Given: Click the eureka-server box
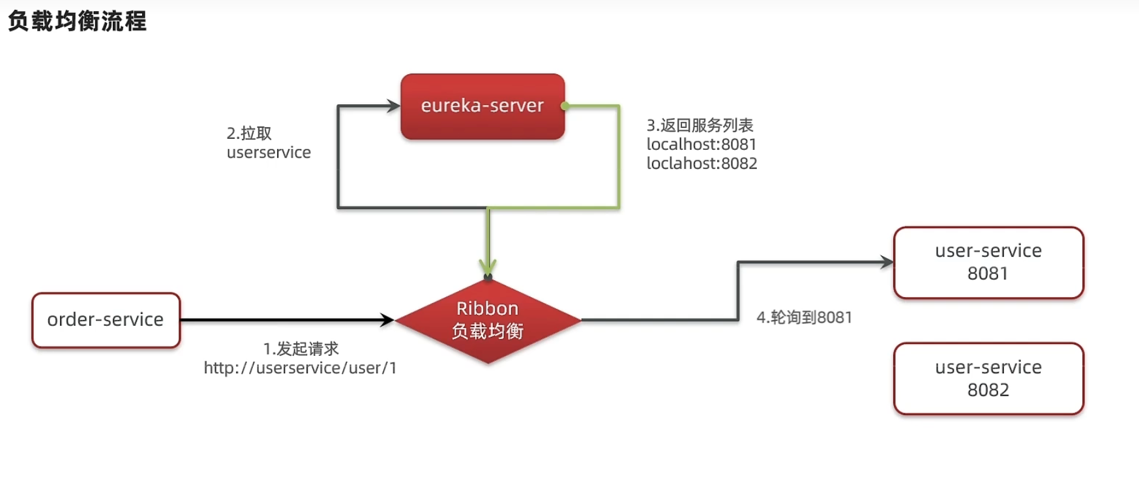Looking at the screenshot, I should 482,106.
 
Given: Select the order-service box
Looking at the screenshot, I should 106,320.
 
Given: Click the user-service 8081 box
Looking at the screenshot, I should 988,263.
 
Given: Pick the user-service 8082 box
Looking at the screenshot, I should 988,379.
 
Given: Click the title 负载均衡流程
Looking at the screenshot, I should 77,21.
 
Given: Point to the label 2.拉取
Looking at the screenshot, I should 249,134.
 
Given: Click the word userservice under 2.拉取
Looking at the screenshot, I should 269,152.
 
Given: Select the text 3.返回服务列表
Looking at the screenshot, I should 700,125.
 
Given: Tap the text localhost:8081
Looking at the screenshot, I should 701,144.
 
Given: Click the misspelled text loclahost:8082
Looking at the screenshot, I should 702,164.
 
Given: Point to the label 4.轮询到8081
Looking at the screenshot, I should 804,317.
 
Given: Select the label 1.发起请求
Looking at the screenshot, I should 301,349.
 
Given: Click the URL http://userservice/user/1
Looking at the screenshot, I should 300,368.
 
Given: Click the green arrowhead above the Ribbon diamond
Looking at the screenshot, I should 488,268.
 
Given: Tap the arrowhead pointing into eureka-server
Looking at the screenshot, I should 393,106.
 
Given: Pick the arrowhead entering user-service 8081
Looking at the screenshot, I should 887,263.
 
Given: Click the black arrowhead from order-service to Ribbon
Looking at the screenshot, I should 387,320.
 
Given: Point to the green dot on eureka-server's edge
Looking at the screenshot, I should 565,106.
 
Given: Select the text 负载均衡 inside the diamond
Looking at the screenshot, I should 488,331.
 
